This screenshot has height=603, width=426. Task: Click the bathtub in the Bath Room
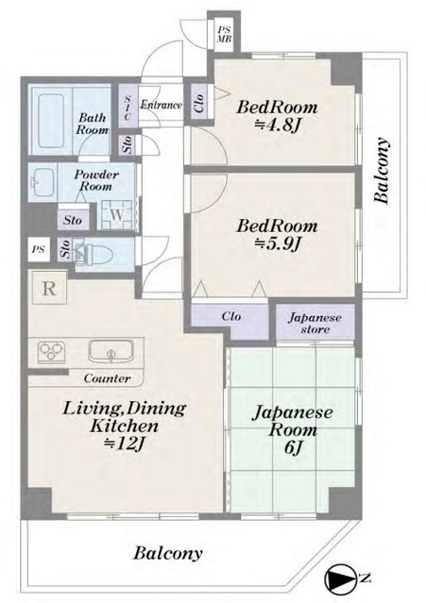pyautogui.click(x=51, y=121)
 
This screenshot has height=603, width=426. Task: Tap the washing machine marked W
pyautogui.click(x=117, y=215)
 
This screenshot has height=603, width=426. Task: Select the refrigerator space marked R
pyautogui.click(x=49, y=288)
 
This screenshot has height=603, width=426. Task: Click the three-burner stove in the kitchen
pyautogui.click(x=50, y=351)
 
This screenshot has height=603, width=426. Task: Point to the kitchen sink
pyautogui.click(x=111, y=351)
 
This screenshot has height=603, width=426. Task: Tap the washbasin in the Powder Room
pyautogui.click(x=42, y=181)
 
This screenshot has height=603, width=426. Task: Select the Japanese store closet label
pyautogui.click(x=315, y=324)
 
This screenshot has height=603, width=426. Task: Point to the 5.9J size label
pyautogui.click(x=277, y=243)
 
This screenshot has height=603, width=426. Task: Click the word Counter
pyautogui.click(x=108, y=378)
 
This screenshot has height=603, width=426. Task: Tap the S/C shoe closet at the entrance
pyautogui.click(x=128, y=106)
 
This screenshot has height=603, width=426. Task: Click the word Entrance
pyautogui.click(x=161, y=105)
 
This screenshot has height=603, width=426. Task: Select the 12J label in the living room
pyautogui.click(x=125, y=444)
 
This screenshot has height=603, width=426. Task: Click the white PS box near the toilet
pyautogui.click(x=39, y=249)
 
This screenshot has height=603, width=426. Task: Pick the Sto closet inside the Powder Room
pyautogui.click(x=73, y=221)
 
